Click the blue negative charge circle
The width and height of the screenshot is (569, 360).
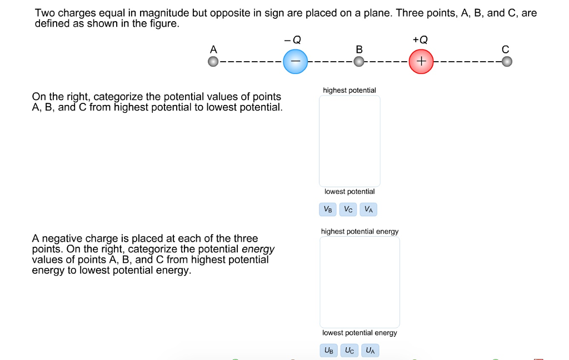(295, 61)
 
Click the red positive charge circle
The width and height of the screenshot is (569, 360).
(421, 61)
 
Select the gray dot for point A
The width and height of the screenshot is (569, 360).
(213, 62)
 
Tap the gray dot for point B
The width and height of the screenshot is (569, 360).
(359, 62)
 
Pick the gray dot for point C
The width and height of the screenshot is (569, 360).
(506, 62)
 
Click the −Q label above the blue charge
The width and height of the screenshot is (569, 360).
(293, 39)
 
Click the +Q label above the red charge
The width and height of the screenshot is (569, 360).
(421, 39)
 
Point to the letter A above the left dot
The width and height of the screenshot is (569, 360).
(213, 49)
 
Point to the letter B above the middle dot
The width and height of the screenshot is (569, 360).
(359, 49)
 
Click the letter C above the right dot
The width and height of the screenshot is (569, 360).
(505, 49)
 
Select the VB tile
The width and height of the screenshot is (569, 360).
(328, 209)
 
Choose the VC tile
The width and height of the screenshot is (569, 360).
(348, 209)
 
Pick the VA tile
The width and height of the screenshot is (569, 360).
(368, 209)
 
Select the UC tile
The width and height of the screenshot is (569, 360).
(350, 351)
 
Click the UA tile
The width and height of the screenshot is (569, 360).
(370, 351)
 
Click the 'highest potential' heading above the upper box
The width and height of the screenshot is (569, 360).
(350, 90)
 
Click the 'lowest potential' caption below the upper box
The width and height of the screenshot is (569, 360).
(350, 192)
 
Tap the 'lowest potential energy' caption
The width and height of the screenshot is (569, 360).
(360, 333)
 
